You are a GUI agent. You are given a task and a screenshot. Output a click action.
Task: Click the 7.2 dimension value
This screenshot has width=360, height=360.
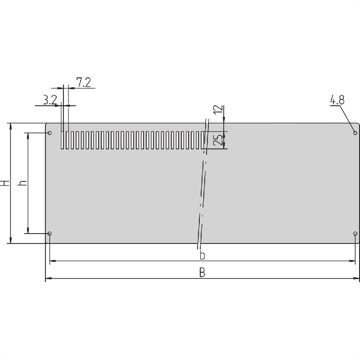click(84, 82)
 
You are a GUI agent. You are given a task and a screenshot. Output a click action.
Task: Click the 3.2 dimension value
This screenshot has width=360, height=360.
click(50, 100)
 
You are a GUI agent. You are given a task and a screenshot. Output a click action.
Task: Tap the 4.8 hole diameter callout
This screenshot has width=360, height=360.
click(337, 100)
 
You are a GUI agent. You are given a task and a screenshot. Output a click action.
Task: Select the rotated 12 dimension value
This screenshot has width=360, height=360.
click(217, 109)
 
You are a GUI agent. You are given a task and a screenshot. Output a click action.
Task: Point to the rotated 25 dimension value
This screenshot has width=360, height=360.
click(217, 140)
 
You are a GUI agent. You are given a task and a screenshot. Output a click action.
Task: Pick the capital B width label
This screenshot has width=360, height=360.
click(202, 273)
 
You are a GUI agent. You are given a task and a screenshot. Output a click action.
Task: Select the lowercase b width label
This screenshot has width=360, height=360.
click(202, 256)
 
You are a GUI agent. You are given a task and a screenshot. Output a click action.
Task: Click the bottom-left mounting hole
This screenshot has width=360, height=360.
click(49, 234)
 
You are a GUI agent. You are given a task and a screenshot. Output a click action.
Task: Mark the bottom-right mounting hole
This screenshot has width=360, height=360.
click(355, 234)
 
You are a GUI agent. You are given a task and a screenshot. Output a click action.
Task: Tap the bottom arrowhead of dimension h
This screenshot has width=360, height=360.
click(28, 230)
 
